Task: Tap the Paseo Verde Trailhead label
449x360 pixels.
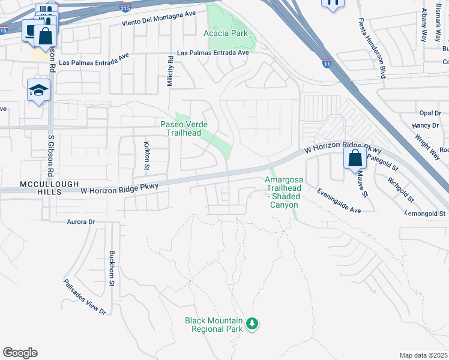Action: [184, 128]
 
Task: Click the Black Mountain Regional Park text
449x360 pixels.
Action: [214, 325]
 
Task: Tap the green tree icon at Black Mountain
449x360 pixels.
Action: [253, 324]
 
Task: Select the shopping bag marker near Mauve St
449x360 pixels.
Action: [355, 158]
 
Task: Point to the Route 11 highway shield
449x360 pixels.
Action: [326, 64]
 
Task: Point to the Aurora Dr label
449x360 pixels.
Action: [81, 222]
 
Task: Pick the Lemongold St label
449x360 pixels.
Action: [426, 214]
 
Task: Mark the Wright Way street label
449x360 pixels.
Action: [427, 141]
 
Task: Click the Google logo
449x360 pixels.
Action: [20, 353]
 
